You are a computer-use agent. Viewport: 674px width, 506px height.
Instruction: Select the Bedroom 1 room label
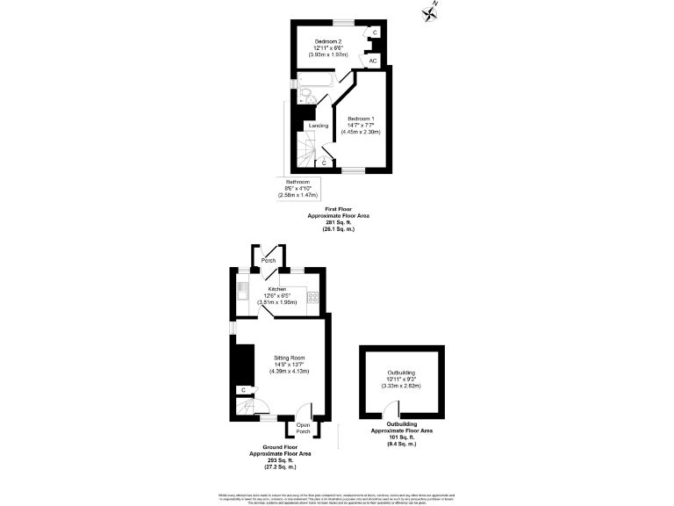pyautogui.click(x=361, y=119)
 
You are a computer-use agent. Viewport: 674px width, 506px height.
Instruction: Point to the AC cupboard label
pyautogui.click(x=373, y=61)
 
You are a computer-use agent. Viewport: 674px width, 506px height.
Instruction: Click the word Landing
pyautogui.click(x=318, y=126)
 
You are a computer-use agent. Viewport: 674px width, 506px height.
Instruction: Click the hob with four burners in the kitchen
pyautogui.click(x=312, y=296)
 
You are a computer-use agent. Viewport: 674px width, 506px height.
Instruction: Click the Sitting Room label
pyautogui.click(x=289, y=358)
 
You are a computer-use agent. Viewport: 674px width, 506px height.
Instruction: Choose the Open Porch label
pyautogui.click(x=304, y=428)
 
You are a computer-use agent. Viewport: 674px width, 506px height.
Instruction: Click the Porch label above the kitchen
pyautogui.click(x=269, y=261)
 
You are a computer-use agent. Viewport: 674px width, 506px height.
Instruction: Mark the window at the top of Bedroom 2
pyautogui.click(x=336, y=21)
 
